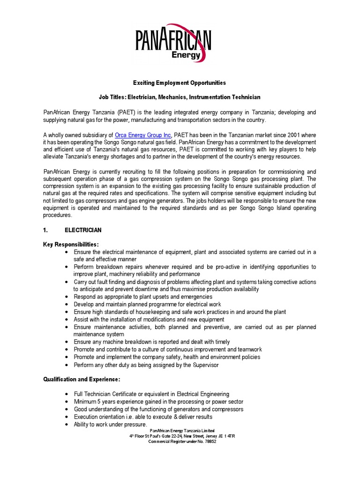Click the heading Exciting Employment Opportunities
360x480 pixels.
click(180, 83)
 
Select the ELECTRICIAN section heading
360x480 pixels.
click(82, 230)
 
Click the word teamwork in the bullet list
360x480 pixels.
click(248, 349)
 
